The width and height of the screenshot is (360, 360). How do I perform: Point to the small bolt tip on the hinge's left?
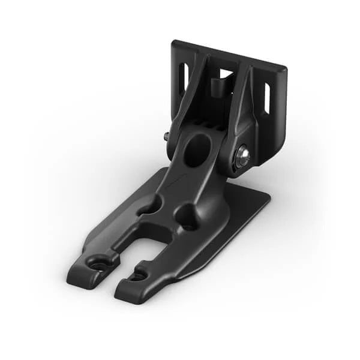[x=166, y=136]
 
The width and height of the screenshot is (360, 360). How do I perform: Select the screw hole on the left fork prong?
[x=95, y=263]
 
